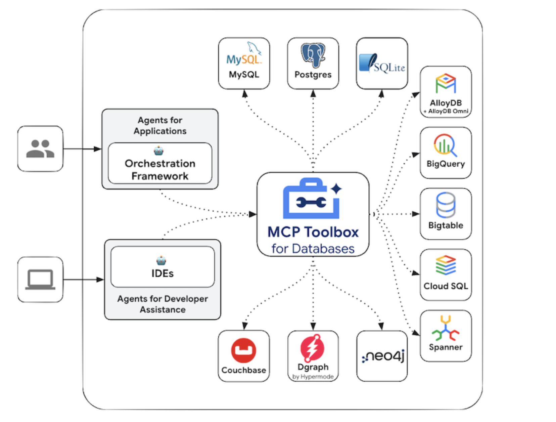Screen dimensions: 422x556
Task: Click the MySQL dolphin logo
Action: point(244,54)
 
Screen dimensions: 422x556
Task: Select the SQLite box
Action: point(382,64)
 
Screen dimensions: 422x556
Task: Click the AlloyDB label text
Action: point(446,103)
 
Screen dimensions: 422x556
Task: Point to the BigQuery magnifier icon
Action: point(445,145)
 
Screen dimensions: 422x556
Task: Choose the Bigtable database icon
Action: point(446,205)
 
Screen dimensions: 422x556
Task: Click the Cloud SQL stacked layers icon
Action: point(446,265)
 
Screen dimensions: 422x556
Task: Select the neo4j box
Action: point(382,356)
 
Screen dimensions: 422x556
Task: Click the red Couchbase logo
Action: point(243,350)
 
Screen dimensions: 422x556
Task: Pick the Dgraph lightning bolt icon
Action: point(312,348)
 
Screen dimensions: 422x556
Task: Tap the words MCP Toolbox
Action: point(313,232)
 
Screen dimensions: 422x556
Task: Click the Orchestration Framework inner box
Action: point(160,164)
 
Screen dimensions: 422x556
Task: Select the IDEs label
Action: point(163,273)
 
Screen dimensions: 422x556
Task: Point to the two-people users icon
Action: point(40,149)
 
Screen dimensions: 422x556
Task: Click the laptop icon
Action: point(40,280)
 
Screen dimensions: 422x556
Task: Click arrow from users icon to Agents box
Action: point(82,149)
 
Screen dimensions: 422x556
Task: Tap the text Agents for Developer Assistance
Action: point(163,304)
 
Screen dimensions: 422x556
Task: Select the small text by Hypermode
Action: point(313,377)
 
